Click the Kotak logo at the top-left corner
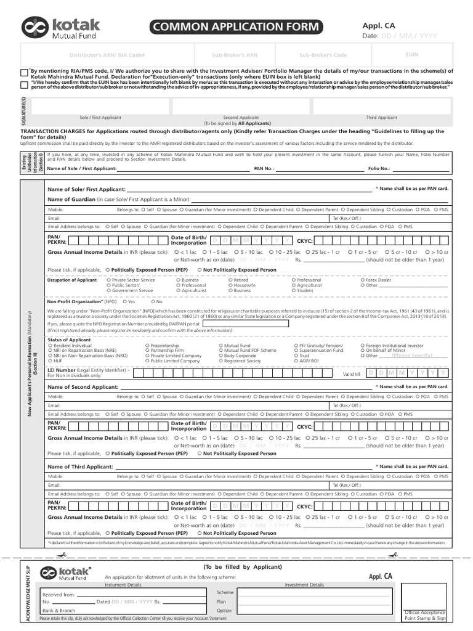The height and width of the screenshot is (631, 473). pos(60,27)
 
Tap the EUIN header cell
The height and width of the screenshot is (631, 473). pos(412,55)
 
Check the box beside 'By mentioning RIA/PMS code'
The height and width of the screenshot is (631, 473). pos(23,72)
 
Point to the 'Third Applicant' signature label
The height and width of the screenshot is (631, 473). pos(382,117)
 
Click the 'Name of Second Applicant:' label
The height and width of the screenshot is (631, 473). pos(83,386)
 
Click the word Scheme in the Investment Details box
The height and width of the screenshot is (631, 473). pos(225,592)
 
